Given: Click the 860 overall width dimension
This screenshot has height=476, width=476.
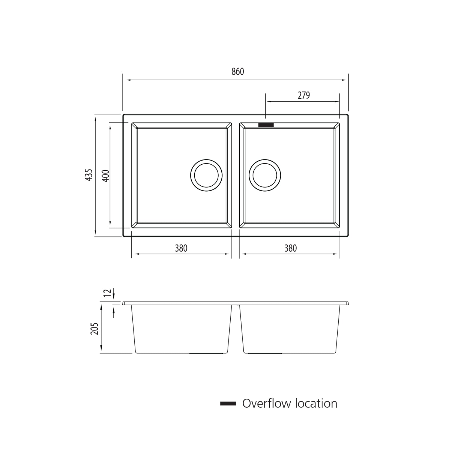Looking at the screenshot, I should pyautogui.click(x=238, y=72).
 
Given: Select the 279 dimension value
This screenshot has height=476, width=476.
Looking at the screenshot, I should pyautogui.click(x=303, y=95).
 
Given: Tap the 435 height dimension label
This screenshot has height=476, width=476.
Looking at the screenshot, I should pyautogui.click(x=89, y=175).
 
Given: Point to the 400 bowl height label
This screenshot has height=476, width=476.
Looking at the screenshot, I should pyautogui.click(x=106, y=176).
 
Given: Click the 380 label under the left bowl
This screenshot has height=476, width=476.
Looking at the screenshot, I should pyautogui.click(x=181, y=248).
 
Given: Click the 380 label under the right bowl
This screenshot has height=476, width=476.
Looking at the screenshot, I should pyautogui.click(x=290, y=248).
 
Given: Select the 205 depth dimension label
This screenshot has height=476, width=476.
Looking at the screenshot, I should pyautogui.click(x=95, y=328).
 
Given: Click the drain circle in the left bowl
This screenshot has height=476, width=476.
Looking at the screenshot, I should pyautogui.click(x=206, y=175).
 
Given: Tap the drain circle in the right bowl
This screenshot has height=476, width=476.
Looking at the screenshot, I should pyautogui.click(x=265, y=175).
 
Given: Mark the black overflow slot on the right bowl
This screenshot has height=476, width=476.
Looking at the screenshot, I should pyautogui.click(x=266, y=125).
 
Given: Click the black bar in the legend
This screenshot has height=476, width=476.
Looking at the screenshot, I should pyautogui.click(x=228, y=404).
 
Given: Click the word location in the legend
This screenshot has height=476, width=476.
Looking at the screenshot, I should pyautogui.click(x=316, y=404).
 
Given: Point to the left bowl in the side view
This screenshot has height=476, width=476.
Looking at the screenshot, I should pyautogui.click(x=181, y=329).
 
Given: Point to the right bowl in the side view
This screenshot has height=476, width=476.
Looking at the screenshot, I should pyautogui.click(x=290, y=329).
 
